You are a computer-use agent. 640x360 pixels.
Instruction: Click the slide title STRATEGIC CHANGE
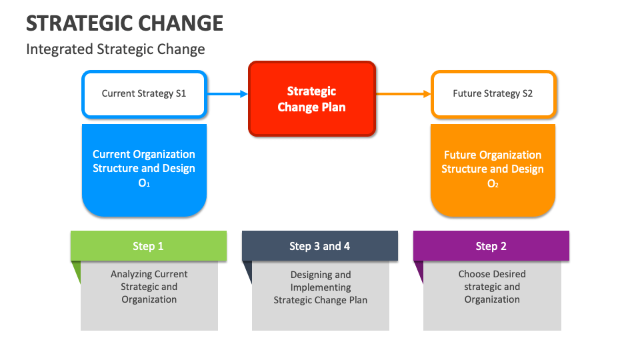(125, 23)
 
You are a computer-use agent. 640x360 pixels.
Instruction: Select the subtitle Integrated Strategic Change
(115, 49)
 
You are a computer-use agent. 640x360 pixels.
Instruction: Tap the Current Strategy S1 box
(144, 94)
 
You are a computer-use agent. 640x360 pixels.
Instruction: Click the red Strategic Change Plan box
(312, 99)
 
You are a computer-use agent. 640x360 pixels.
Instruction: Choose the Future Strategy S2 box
(493, 94)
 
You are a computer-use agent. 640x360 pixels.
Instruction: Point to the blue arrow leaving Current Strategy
(227, 94)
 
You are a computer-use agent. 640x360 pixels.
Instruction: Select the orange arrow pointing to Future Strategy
(403, 94)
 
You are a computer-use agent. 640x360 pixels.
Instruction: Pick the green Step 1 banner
(148, 246)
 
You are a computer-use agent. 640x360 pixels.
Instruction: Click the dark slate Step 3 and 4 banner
(320, 246)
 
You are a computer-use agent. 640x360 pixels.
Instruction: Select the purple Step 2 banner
(491, 246)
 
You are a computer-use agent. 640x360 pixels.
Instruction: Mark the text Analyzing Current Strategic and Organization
(149, 287)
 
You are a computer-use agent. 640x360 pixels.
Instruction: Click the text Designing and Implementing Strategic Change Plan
(321, 287)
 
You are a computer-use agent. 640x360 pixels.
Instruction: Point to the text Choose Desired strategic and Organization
(492, 287)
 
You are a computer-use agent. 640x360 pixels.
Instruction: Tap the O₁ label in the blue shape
(144, 183)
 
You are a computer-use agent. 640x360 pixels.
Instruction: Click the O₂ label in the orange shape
(493, 184)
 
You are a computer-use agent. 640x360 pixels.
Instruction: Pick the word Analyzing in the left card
(130, 274)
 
